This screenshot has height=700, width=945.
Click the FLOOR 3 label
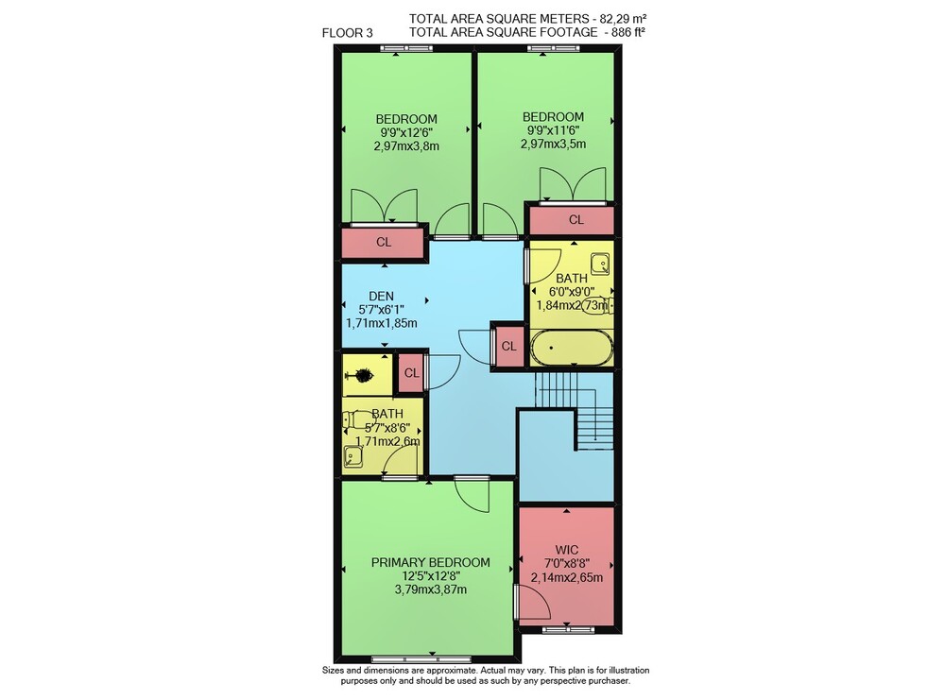click(347, 33)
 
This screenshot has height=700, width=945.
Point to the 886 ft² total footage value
click(628, 32)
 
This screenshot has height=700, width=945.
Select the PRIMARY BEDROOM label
click(430, 563)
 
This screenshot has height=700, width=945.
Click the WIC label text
click(566, 550)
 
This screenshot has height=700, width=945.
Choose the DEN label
click(381, 297)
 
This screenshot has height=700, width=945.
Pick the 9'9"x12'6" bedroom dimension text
click(406, 132)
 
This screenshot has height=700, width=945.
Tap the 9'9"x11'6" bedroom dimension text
click(553, 130)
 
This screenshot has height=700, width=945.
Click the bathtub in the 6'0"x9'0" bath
click(572, 348)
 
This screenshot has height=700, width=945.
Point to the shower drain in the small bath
click(364, 376)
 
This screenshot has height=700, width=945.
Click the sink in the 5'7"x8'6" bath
click(352, 457)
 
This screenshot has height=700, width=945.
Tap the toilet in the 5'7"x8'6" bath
click(358, 419)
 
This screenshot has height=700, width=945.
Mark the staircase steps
click(576, 410)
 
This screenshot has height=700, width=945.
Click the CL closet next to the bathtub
click(509, 347)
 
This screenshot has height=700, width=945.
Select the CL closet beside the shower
click(412, 373)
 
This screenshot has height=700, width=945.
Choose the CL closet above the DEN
click(384, 242)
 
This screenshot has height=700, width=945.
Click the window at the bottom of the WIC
click(568, 630)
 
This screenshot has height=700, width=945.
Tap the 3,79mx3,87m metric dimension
click(430, 589)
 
